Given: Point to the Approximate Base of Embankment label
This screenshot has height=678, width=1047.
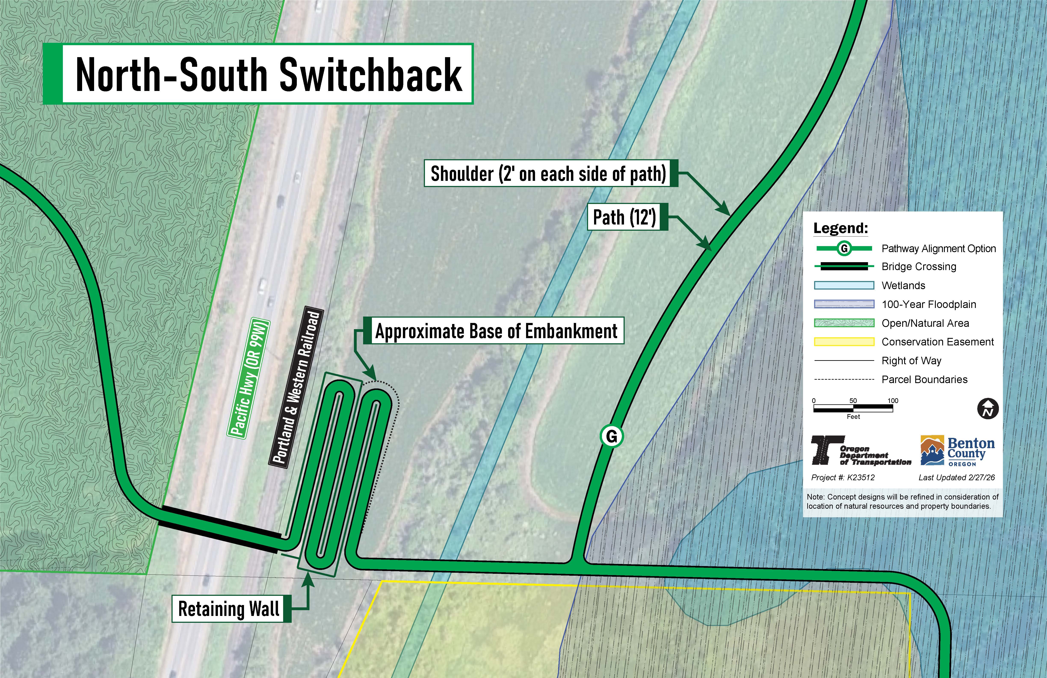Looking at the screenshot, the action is [x=496, y=331].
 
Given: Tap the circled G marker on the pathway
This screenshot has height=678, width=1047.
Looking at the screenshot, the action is [x=611, y=436].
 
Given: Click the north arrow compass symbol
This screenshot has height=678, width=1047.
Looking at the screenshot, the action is [x=988, y=409].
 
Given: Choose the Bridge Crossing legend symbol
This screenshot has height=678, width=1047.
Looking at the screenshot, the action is [x=844, y=266].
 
